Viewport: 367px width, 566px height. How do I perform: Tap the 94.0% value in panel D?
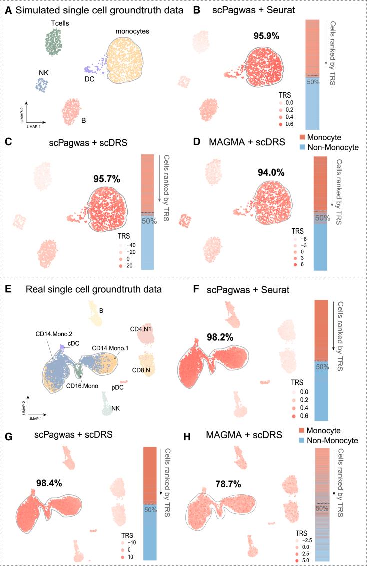[x=270, y=173]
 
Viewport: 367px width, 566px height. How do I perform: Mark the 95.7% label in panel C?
[x=107, y=178]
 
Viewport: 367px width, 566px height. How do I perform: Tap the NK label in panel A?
[x=44, y=73]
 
